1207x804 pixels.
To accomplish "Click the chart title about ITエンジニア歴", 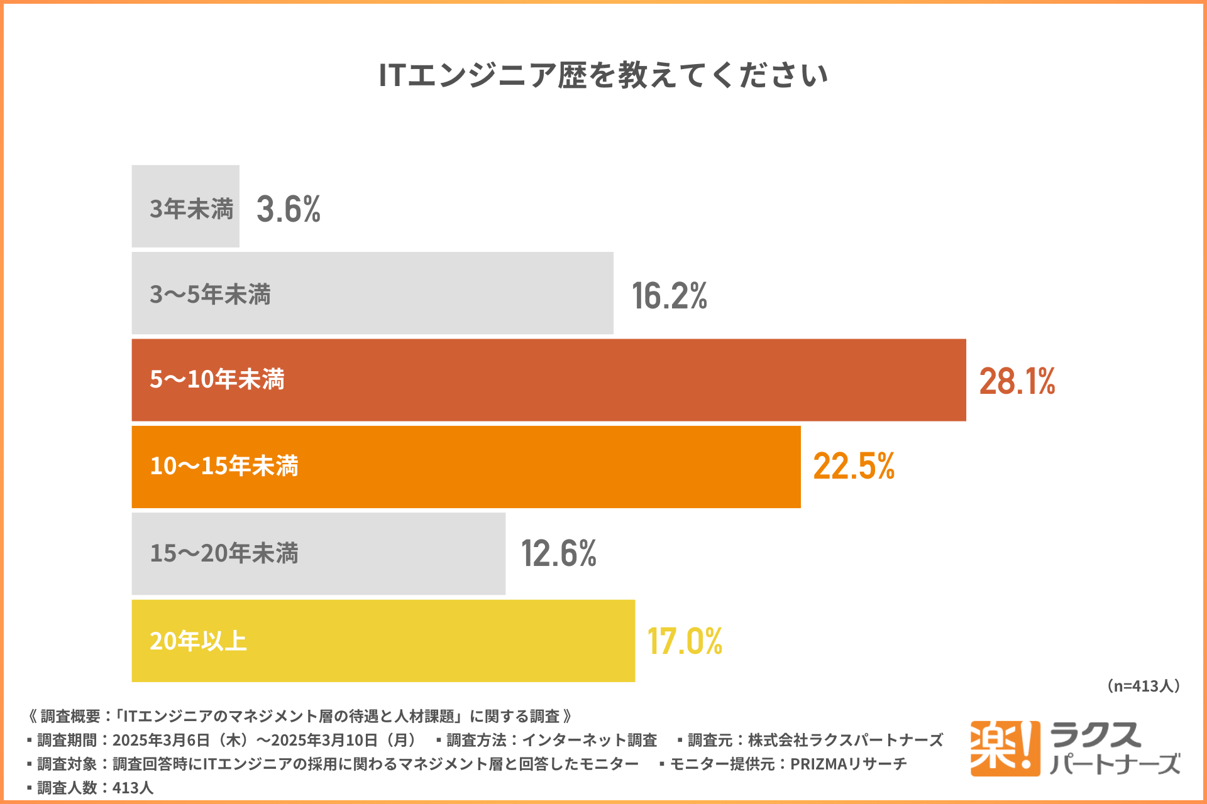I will click(603, 75).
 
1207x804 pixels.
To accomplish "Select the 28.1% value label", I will click(1017, 381).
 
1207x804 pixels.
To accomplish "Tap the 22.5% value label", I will click(854, 466).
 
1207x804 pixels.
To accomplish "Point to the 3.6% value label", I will click(289, 209).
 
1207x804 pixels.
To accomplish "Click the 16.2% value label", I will click(670, 296).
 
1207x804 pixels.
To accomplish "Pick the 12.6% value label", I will click(559, 553).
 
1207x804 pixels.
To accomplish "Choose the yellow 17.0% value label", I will click(685, 641).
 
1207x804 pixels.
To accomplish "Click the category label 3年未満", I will click(191, 209).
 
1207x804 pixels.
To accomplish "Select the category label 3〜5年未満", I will click(210, 295).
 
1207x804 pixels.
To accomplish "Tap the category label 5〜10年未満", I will click(217, 379).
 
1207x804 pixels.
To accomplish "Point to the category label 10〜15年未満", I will click(224, 466).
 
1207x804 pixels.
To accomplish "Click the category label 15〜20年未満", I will click(224, 553).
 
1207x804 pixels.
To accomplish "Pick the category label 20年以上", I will click(198, 641).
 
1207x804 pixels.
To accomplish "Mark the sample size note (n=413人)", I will click(1143, 686).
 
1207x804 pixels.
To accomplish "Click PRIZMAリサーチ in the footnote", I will click(848, 764).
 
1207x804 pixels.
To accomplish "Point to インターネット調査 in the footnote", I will click(589, 740).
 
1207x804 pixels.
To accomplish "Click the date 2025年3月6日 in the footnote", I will click(161, 740).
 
